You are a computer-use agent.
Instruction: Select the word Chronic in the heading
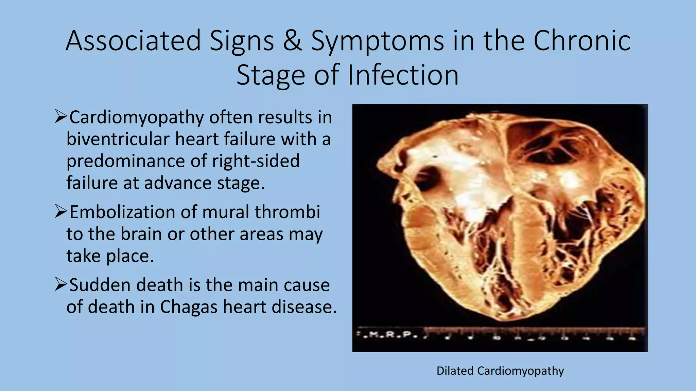click(582, 41)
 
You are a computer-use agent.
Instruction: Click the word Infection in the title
click(403, 75)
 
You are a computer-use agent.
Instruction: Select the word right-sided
click(256, 161)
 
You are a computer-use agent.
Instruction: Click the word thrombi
click(288, 212)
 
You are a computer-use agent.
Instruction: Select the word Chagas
click(189, 307)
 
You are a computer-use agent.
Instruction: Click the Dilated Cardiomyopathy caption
click(500, 371)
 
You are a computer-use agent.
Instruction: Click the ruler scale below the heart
click(534, 333)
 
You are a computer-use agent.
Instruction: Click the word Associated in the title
click(133, 41)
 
